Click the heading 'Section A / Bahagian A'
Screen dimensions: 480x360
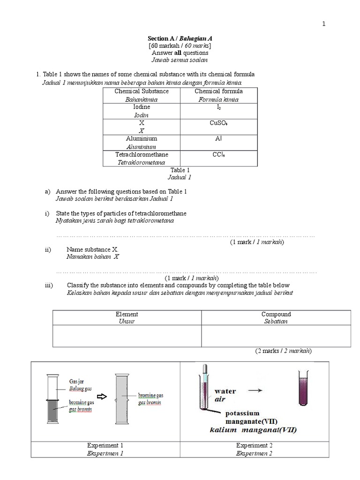coord(180,38)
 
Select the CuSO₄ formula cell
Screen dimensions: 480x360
coord(219,123)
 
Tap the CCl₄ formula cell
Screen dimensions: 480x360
coord(219,155)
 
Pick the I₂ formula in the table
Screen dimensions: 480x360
coord(219,107)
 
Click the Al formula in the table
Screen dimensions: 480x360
coord(219,139)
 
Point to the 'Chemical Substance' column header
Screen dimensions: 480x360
coord(142,91)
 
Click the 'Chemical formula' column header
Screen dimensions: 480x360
coord(219,91)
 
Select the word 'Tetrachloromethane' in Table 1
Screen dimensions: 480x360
coord(142,154)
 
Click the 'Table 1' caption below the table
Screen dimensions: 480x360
coord(180,170)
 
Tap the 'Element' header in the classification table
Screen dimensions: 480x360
coord(127,314)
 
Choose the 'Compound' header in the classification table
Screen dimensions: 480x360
coord(276,314)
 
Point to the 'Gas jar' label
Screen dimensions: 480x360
coord(76,382)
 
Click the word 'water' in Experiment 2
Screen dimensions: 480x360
coord(225,391)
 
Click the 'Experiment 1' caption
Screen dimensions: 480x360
coord(105,445)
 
